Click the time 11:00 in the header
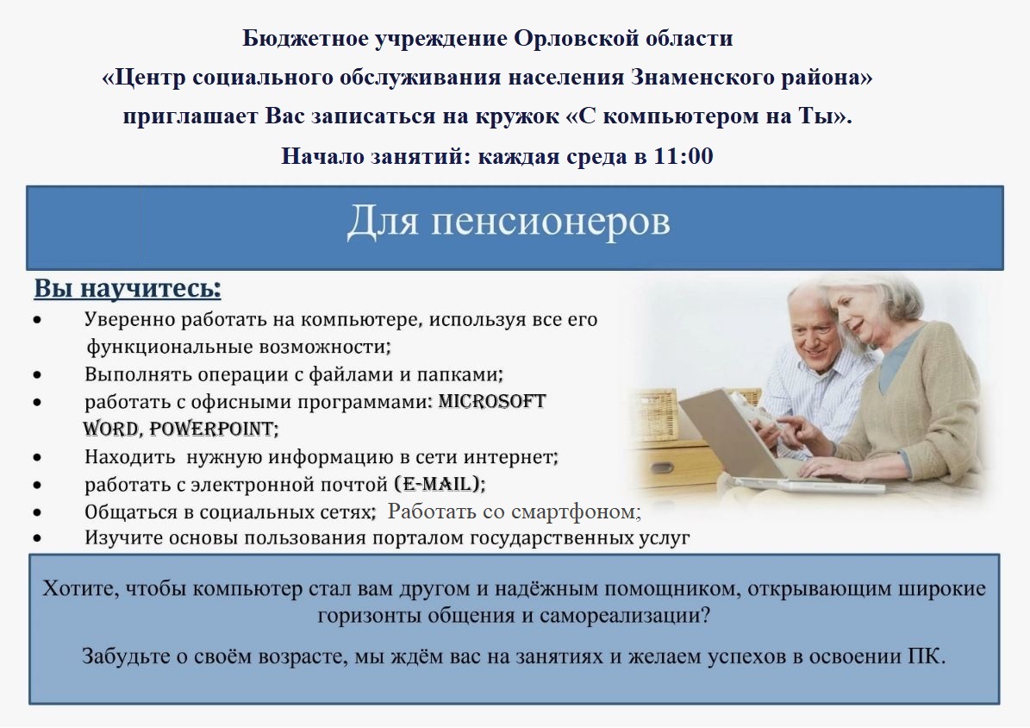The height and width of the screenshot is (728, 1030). (x=684, y=156)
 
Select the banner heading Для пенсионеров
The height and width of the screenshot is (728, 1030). (x=509, y=221)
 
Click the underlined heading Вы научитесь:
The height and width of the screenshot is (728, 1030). (x=128, y=289)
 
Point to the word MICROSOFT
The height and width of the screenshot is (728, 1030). (x=492, y=401)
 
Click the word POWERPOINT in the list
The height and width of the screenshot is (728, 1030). (x=211, y=429)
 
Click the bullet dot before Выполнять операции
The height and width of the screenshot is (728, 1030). (x=37, y=374)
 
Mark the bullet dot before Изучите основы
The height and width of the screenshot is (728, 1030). (x=37, y=538)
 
